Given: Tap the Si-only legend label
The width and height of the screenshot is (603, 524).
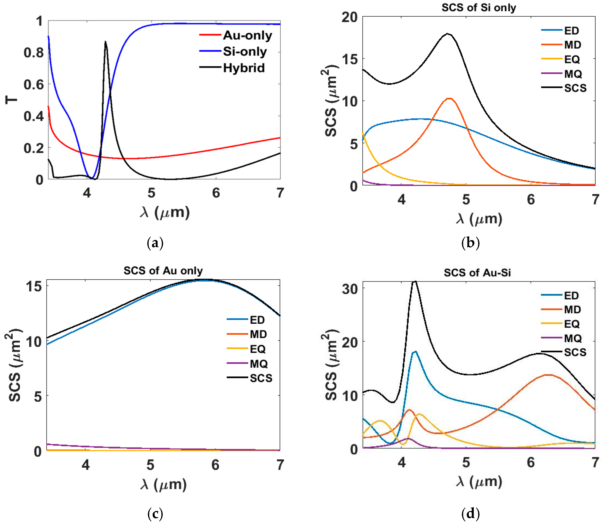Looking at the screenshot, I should click(x=245, y=52).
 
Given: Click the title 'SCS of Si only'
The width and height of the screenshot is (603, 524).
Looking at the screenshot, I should click(x=479, y=8).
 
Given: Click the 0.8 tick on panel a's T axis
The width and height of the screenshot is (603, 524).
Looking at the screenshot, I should click(x=33, y=53).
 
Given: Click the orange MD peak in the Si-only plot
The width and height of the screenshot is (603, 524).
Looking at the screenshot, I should click(x=449, y=98).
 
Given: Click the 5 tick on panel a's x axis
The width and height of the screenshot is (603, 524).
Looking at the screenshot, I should click(x=151, y=193).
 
